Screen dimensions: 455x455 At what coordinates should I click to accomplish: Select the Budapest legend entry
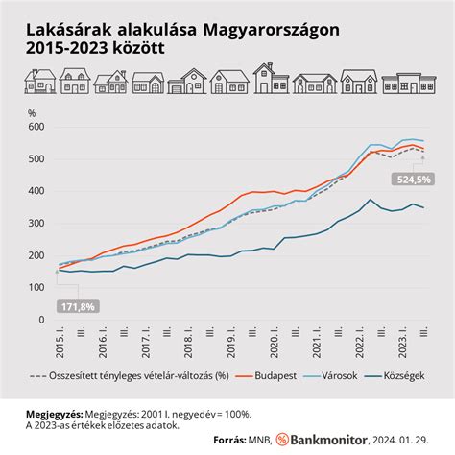tap(288, 376)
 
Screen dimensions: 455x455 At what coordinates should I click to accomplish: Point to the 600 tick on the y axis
tap(36, 127)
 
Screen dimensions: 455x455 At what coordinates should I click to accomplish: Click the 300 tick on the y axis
tap(36, 223)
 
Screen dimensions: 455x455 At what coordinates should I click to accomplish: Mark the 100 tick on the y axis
tap(36, 287)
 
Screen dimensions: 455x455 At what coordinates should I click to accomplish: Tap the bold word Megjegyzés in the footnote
tap(57, 414)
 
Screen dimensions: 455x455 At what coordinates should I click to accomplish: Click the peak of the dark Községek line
tap(371, 200)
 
